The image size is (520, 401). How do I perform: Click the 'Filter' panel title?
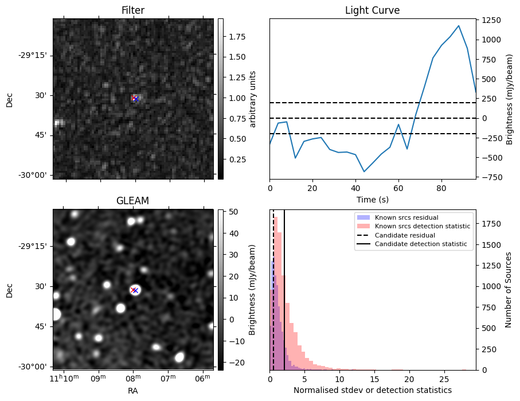[x=133, y=10]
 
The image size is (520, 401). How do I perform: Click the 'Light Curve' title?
[x=372, y=10]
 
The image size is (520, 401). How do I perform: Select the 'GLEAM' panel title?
[x=133, y=201]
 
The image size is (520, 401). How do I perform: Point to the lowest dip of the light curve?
[x=363, y=172]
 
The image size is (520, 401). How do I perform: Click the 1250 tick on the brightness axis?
[x=490, y=20]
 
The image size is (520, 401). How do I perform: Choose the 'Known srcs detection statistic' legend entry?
[x=423, y=227]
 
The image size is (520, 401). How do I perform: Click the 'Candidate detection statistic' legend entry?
[x=420, y=244]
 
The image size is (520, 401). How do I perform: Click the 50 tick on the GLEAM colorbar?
[x=233, y=212]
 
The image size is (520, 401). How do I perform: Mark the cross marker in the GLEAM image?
[x=134, y=290]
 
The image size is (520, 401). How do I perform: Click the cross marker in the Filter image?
[x=135, y=99]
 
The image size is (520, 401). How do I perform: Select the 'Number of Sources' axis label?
[x=509, y=290]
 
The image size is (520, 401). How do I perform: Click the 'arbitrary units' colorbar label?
[x=253, y=99]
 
